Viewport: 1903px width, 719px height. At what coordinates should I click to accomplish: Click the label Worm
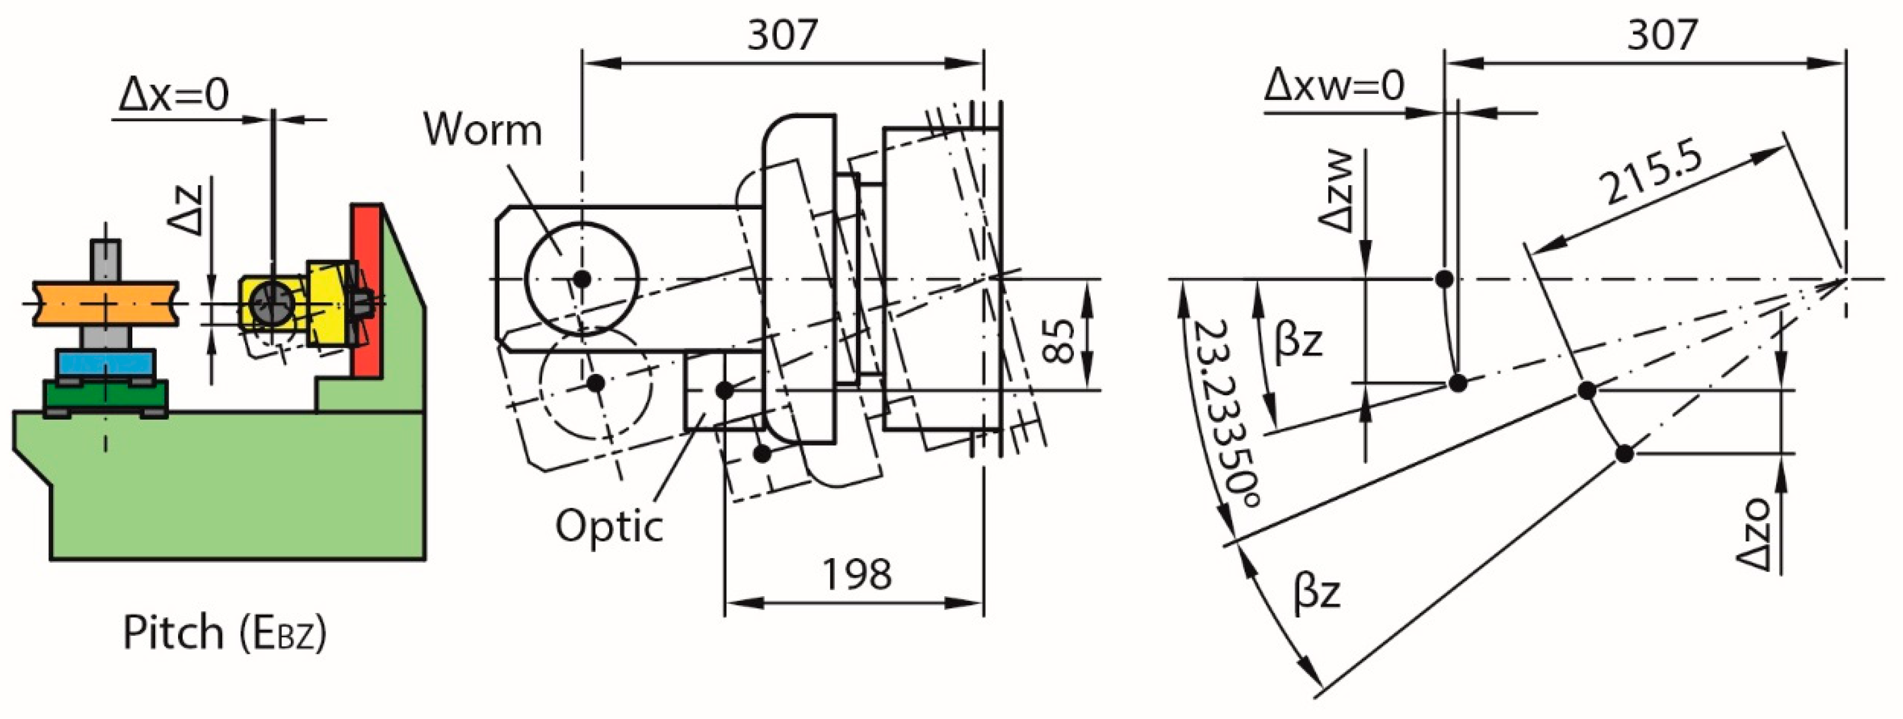[x=482, y=131]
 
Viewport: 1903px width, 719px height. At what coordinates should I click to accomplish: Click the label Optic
[x=609, y=527]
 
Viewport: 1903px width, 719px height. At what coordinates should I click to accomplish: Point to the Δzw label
[x=1335, y=193]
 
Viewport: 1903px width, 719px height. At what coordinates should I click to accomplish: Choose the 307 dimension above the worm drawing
[x=782, y=34]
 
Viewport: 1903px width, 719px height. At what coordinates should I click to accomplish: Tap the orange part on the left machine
[x=105, y=303]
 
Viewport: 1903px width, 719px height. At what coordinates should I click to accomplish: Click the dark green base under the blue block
[x=105, y=396]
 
